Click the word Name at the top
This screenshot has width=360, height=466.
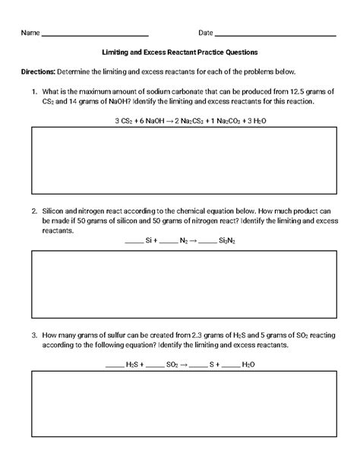point(30,33)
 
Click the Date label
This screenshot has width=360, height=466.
point(205,33)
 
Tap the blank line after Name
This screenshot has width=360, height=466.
point(95,35)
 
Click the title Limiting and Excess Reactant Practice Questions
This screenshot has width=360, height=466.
point(180,52)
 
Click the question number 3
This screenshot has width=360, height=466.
point(34,334)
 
